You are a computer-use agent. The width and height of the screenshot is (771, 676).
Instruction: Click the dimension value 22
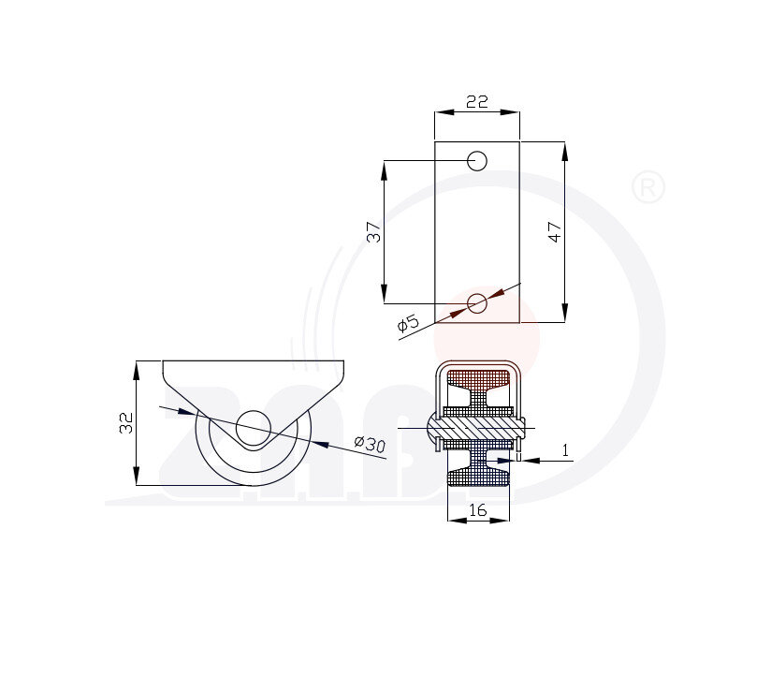tap(477, 101)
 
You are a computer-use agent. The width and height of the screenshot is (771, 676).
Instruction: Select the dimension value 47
tap(554, 231)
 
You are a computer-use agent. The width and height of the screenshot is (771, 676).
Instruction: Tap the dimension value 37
tap(373, 232)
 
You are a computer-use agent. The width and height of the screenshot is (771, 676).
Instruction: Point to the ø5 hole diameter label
tap(408, 323)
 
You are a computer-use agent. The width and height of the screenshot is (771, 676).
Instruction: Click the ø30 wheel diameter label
tap(370, 444)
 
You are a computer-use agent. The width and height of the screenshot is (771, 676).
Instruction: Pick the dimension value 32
tap(126, 422)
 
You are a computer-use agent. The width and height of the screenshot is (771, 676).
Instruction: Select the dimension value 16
tap(478, 510)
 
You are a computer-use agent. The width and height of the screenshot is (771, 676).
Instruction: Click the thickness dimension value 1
tap(565, 450)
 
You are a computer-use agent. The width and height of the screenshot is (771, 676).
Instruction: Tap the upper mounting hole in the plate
tap(477, 161)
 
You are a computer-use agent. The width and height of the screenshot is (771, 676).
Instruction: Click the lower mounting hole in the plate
tap(477, 303)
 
